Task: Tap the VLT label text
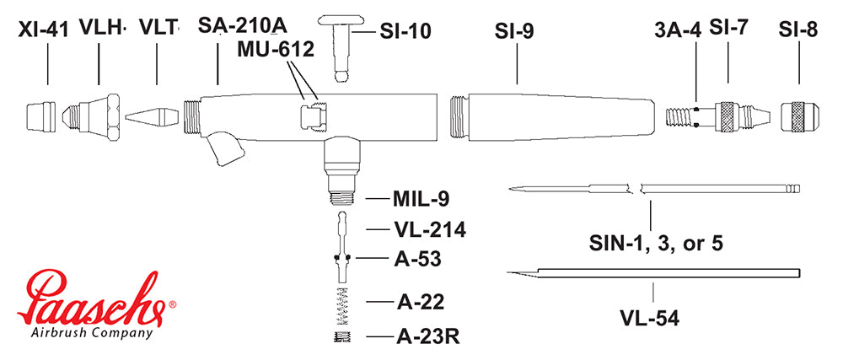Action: (157, 27)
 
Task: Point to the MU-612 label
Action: (275, 50)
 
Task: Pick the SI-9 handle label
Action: (514, 31)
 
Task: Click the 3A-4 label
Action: (679, 31)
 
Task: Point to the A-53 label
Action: (418, 258)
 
